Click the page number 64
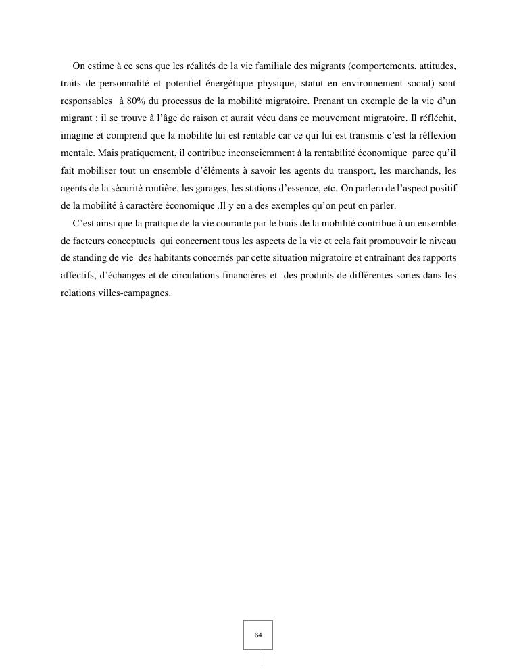pos(258,635)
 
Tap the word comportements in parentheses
pos(382,66)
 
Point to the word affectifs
pos(76,276)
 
